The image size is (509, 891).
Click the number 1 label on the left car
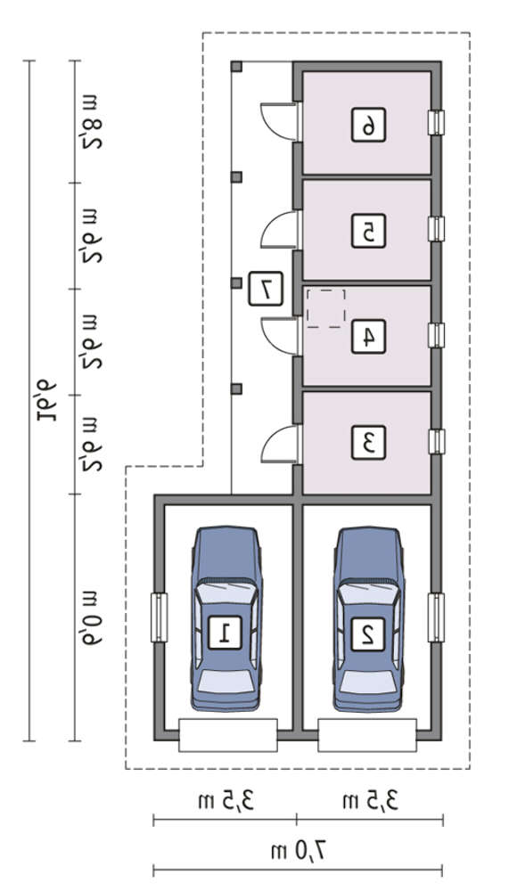click(x=225, y=632)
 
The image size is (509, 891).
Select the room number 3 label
click(x=368, y=442)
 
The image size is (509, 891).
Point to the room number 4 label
click(x=368, y=337)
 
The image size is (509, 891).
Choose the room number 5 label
click(x=368, y=230)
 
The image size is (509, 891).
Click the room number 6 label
click(x=368, y=125)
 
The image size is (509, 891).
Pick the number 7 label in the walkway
click(x=265, y=289)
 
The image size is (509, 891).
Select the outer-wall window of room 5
click(x=436, y=229)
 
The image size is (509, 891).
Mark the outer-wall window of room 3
click(x=436, y=442)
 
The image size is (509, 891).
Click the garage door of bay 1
click(x=228, y=735)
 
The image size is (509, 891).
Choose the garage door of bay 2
click(x=367, y=735)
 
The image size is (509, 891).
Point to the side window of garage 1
click(x=160, y=617)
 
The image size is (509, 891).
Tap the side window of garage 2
click(x=436, y=617)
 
